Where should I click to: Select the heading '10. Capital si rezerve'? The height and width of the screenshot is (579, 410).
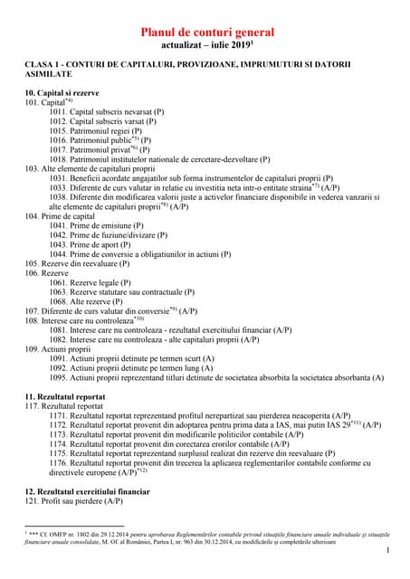click(x=62, y=93)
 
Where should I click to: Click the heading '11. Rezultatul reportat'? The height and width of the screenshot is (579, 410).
click(x=64, y=396)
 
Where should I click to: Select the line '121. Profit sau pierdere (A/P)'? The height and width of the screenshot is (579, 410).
click(x=73, y=501)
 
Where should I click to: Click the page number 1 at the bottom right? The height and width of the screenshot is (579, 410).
click(x=386, y=551)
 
